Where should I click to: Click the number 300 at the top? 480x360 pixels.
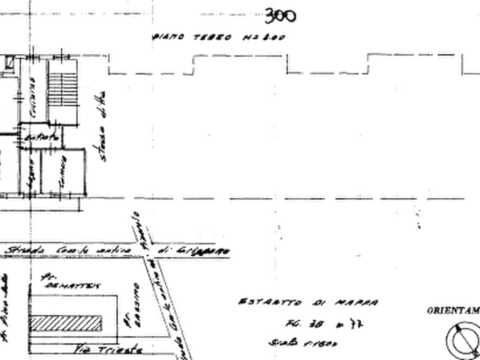tap(280, 17)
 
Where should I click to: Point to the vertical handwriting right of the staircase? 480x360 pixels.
tap(101, 124)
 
